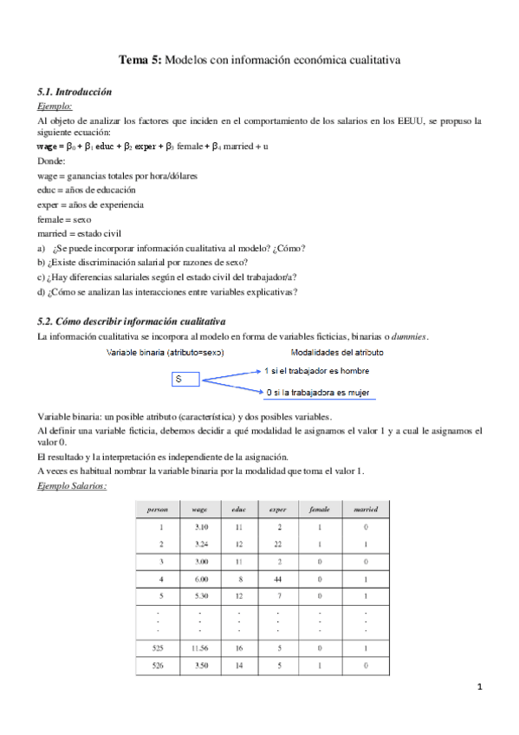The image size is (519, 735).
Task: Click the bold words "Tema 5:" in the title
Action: [x=139, y=61]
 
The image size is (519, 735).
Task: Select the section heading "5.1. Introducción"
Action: [x=75, y=91]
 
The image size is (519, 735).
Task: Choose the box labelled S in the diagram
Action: [x=186, y=379]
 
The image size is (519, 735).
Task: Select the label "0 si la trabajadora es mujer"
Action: [x=319, y=393]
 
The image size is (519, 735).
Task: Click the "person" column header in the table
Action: [x=158, y=509]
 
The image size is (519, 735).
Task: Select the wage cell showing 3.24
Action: [x=200, y=543]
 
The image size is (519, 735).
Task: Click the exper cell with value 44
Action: [x=279, y=578]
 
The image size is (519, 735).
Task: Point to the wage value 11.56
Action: [x=200, y=647]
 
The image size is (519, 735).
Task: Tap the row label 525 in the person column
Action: [x=158, y=647]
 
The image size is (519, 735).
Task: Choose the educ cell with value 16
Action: [x=239, y=647]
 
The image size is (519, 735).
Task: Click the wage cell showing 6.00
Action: [x=200, y=578]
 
